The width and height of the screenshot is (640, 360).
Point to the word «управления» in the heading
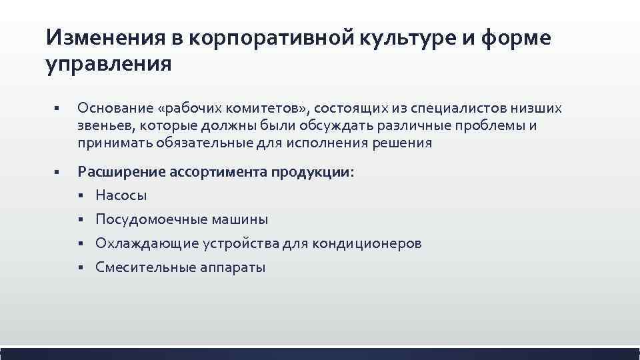(x=109, y=65)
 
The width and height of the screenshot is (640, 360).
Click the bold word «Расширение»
(x=118, y=172)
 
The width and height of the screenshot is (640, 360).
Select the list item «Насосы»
(x=121, y=195)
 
